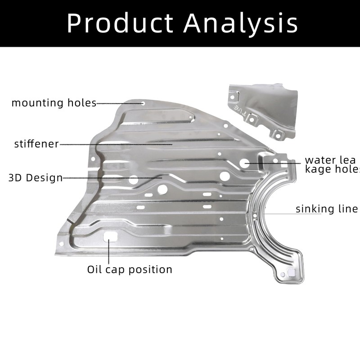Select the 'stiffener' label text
[36, 144]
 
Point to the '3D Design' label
[36, 178]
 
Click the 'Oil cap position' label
[130, 270]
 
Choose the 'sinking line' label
[326, 209]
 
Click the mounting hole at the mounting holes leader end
[144, 103]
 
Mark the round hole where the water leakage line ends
[244, 163]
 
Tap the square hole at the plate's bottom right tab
[291, 272]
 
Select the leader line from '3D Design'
[112, 177]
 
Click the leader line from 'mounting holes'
[119, 103]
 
